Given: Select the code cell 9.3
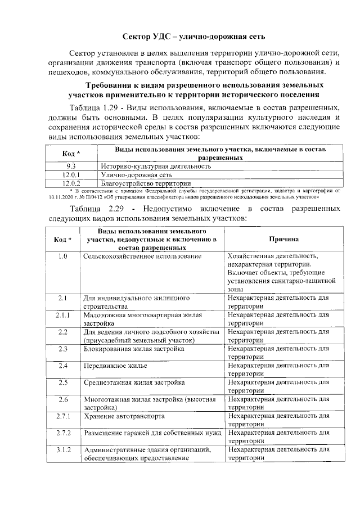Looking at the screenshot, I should (71, 166).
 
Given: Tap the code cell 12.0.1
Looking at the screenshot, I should (71, 175).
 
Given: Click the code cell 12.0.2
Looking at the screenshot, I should (71, 183).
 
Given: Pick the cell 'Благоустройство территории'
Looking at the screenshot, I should (146, 183).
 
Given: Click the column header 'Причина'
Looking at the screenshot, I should (283, 240).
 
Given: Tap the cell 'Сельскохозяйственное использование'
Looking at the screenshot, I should (142, 256).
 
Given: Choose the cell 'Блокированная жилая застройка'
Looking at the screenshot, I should (133, 349).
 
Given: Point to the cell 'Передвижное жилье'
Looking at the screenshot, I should (111, 366).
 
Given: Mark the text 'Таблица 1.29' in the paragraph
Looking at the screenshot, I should (92, 107).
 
